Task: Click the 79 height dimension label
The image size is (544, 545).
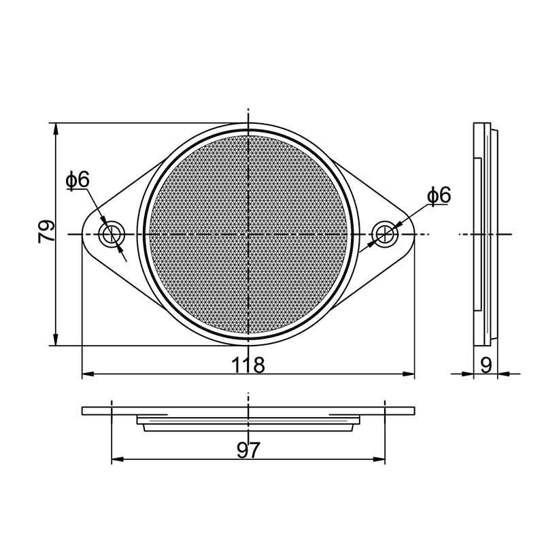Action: [46, 233]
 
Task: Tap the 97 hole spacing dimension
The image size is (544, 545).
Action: [248, 450]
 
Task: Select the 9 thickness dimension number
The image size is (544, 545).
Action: [486, 364]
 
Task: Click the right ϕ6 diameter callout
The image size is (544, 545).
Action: [439, 195]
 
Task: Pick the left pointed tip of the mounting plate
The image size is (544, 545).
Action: [83, 235]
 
